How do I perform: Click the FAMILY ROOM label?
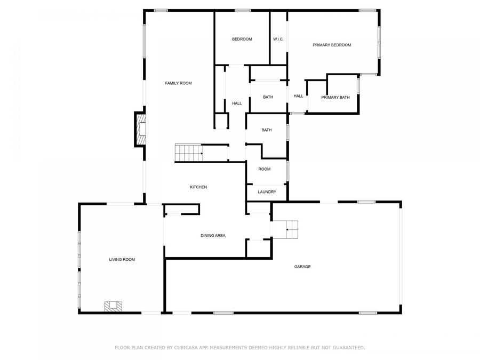(x=178, y=83)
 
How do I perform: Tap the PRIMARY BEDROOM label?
(x=332, y=45)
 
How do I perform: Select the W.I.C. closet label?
(x=278, y=39)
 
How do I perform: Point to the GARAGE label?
(x=302, y=267)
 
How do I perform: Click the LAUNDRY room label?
(x=267, y=192)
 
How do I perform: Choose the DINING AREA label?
(x=213, y=235)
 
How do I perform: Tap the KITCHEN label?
(x=198, y=187)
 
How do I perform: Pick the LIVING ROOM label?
(x=122, y=260)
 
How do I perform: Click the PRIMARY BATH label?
(x=335, y=98)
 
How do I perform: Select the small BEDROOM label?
(x=242, y=39)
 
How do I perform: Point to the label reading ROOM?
(x=265, y=169)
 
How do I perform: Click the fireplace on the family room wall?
(x=140, y=130)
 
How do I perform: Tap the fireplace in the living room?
(x=114, y=306)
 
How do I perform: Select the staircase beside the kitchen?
(x=189, y=154)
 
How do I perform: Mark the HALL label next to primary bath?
(x=298, y=96)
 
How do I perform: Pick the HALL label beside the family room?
(x=237, y=103)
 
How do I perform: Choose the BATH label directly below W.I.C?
(x=268, y=97)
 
